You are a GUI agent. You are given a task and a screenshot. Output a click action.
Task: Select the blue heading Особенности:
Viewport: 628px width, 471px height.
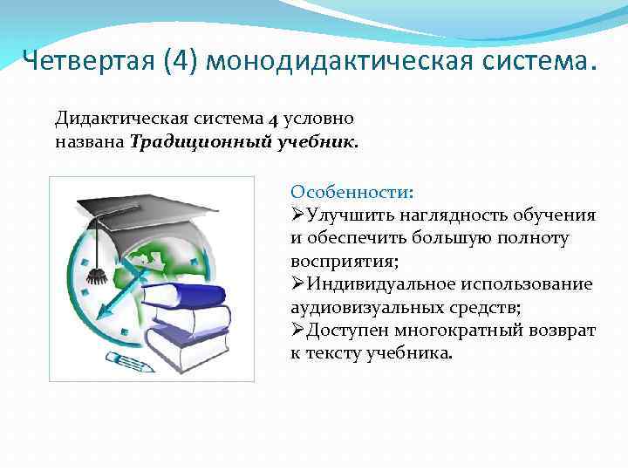352,192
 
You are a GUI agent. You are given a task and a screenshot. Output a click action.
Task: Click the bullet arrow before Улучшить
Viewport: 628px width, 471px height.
297,215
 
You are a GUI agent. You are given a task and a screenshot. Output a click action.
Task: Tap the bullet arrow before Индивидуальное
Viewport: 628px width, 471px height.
297,283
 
